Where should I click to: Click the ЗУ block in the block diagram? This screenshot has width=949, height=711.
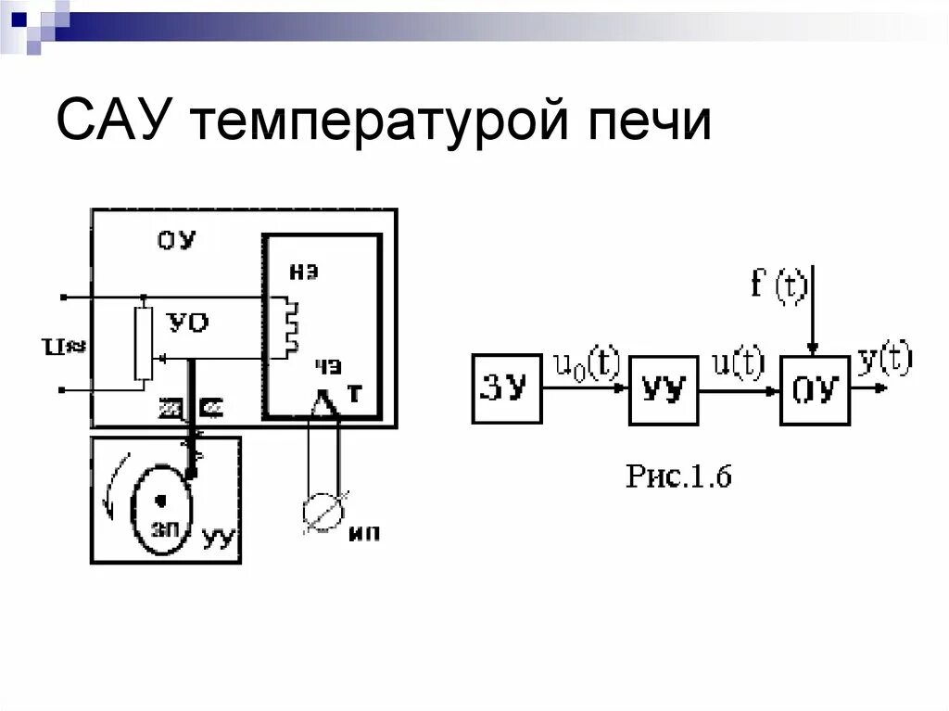(x=507, y=389)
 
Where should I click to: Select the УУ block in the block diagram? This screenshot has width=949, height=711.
(x=664, y=389)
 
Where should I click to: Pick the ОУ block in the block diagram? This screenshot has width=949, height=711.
(x=815, y=389)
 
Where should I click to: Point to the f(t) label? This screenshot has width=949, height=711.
(x=779, y=282)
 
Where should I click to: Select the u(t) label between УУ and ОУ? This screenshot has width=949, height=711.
(x=739, y=362)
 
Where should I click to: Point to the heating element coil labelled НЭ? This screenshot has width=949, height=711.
(x=291, y=325)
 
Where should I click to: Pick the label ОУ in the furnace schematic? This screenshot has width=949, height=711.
(x=176, y=242)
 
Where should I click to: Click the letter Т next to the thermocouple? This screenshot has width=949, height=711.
(x=352, y=395)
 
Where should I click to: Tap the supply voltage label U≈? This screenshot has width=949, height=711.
(x=70, y=345)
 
